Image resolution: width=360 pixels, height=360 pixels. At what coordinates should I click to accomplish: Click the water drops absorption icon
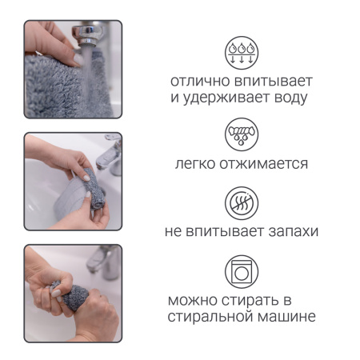(242, 53)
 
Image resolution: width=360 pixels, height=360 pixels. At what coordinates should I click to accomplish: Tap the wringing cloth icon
(242, 134)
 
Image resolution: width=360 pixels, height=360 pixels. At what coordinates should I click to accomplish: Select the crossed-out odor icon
(242, 203)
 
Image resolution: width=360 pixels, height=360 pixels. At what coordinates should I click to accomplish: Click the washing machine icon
(242, 272)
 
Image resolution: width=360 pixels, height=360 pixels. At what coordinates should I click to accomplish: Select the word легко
(195, 164)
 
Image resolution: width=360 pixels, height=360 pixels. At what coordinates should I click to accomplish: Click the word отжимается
(264, 164)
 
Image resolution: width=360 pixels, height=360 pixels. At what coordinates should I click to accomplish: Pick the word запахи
(294, 231)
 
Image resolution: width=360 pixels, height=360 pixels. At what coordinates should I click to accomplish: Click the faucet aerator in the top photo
(88, 35)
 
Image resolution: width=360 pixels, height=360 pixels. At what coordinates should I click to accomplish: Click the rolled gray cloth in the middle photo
(94, 189)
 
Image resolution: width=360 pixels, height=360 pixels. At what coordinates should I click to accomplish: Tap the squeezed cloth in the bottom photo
(73, 295)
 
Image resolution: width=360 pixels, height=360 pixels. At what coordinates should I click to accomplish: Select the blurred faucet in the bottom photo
(105, 262)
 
